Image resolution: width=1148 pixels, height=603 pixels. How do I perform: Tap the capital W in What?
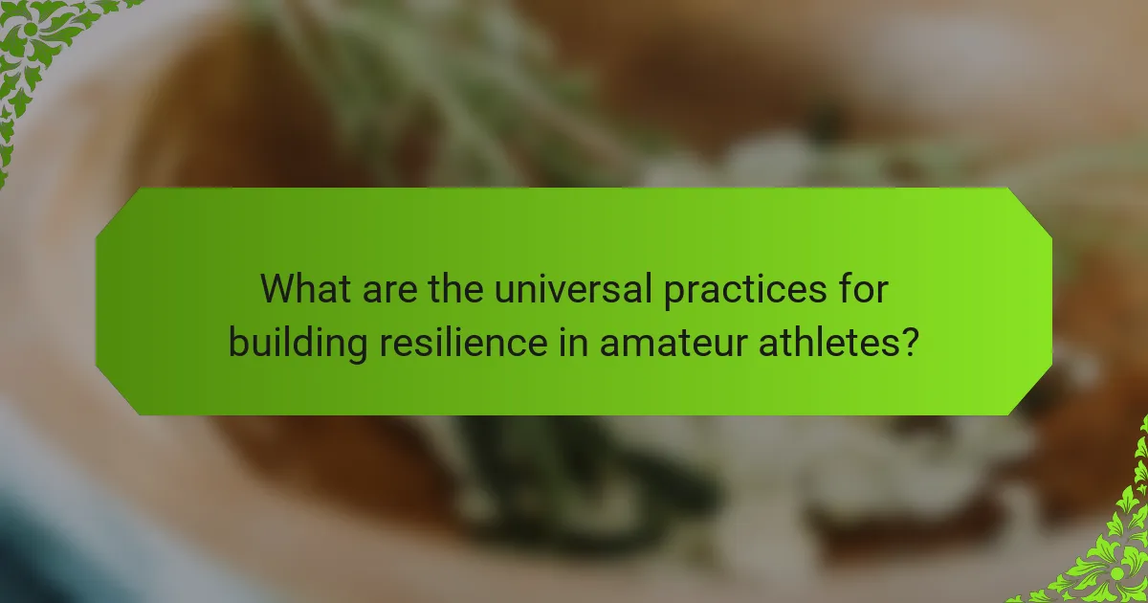click(x=278, y=287)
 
